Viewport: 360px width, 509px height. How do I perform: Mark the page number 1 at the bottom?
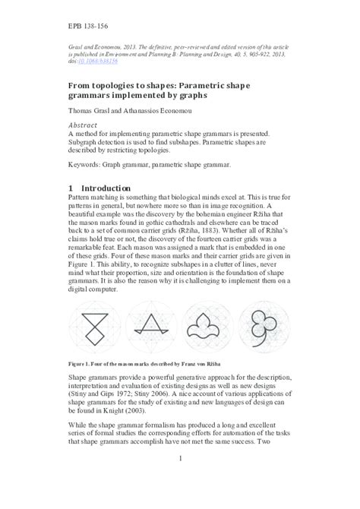[179, 479]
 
